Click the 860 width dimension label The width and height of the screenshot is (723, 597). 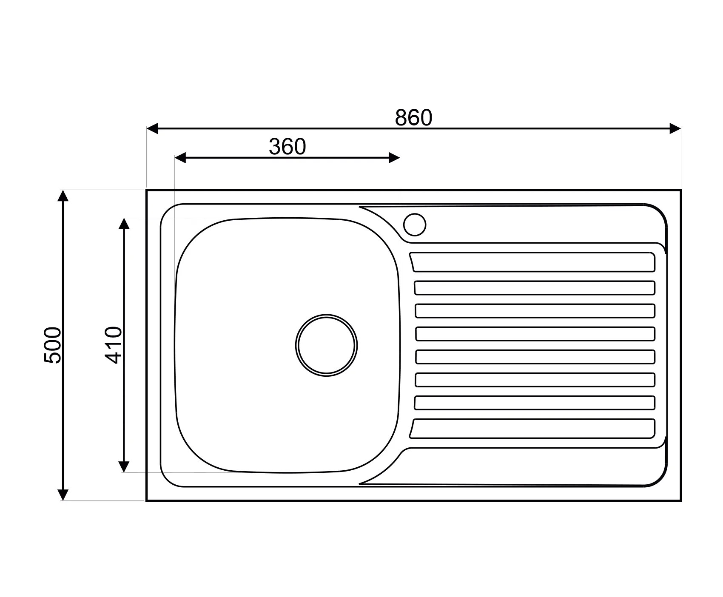[x=413, y=118]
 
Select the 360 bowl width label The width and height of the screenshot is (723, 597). [x=287, y=147]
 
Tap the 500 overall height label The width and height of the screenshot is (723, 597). [x=53, y=345]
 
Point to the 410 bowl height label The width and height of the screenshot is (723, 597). [x=114, y=345]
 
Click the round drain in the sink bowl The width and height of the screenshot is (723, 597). [x=326, y=345]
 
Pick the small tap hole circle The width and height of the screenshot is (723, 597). [x=415, y=224]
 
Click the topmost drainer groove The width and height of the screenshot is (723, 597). [x=532, y=262]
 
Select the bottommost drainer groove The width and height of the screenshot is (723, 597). [x=532, y=429]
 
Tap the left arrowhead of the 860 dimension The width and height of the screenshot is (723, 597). [x=152, y=128]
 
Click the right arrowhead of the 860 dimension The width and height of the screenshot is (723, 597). [x=675, y=128]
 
